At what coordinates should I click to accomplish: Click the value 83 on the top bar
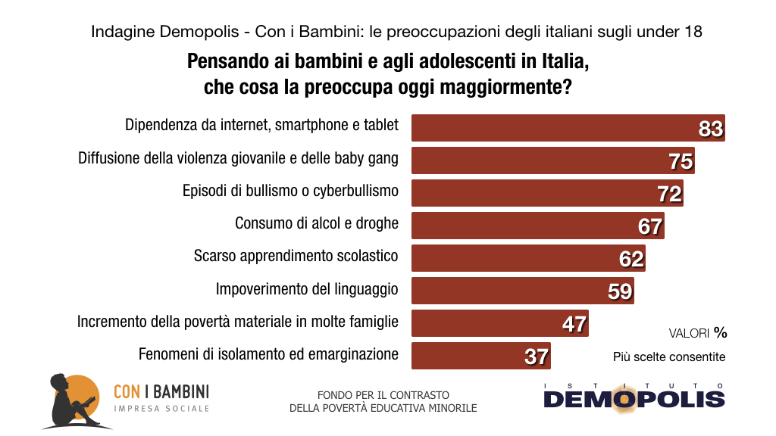pos(711,129)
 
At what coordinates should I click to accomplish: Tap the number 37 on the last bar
pos(537,356)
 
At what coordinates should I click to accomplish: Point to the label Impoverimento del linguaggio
pos(307,288)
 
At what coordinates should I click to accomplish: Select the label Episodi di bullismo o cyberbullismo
pos(290,191)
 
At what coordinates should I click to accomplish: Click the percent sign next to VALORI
pos(720,332)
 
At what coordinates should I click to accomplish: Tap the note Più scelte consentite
pos(669,357)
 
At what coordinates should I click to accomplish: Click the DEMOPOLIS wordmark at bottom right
pos(634,399)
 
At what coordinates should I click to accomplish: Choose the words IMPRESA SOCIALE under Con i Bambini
pos(161,409)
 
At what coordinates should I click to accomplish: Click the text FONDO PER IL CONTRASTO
pos(383,395)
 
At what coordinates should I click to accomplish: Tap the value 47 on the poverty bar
pos(574,323)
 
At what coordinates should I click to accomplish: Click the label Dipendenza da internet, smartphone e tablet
pos(261,125)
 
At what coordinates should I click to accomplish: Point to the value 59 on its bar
pos(620,291)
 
